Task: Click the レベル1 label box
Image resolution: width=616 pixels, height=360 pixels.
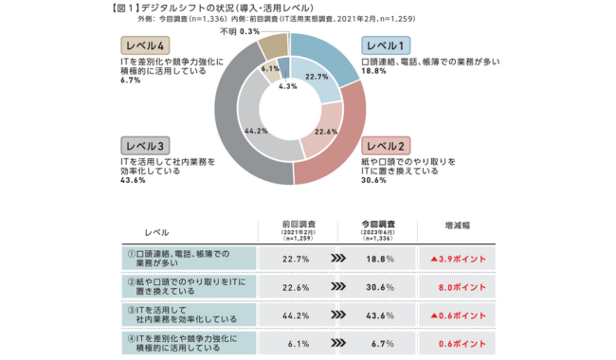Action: (386, 45)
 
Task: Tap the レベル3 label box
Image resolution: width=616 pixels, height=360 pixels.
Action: (145, 145)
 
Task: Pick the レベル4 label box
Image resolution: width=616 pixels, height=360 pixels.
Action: (145, 45)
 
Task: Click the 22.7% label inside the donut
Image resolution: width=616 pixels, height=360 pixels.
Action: (317, 77)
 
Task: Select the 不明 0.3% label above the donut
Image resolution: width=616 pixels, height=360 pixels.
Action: (240, 31)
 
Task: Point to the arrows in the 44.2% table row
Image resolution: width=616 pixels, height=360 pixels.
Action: (337, 313)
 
